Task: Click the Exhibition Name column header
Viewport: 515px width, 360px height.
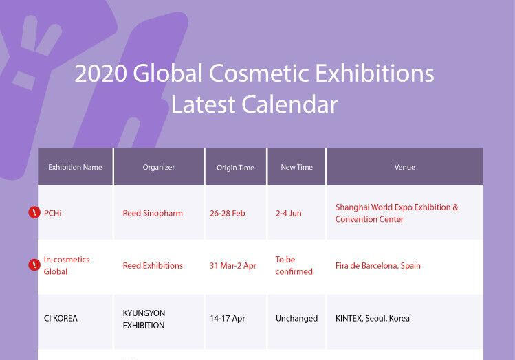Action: pos(75,167)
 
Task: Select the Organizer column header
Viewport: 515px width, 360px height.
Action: pos(158,167)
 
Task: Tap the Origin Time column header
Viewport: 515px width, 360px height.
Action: pos(235,167)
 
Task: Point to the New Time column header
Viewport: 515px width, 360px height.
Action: pos(296,167)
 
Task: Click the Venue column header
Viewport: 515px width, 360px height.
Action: pos(404,167)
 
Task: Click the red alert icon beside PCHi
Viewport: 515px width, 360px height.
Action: pos(34,213)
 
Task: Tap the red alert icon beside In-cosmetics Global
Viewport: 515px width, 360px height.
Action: pos(34,265)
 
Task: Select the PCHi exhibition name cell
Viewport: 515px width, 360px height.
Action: pos(53,213)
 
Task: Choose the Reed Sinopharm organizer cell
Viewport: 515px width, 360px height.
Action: pos(153,213)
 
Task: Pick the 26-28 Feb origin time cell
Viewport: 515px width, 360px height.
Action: pos(228,213)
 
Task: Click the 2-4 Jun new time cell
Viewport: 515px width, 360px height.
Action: pos(289,213)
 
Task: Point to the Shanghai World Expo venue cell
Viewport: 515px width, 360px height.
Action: pos(397,213)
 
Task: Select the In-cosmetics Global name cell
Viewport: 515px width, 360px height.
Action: pos(67,265)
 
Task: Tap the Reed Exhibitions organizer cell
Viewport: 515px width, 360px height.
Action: pos(153,265)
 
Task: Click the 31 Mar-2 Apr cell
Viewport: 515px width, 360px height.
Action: pos(233,265)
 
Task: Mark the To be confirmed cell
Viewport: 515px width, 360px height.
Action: pos(294,265)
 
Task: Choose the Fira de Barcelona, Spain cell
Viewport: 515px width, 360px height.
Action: pos(378,265)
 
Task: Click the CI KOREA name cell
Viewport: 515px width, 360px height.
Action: pos(61,318)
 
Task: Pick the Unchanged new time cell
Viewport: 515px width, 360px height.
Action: pos(296,318)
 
